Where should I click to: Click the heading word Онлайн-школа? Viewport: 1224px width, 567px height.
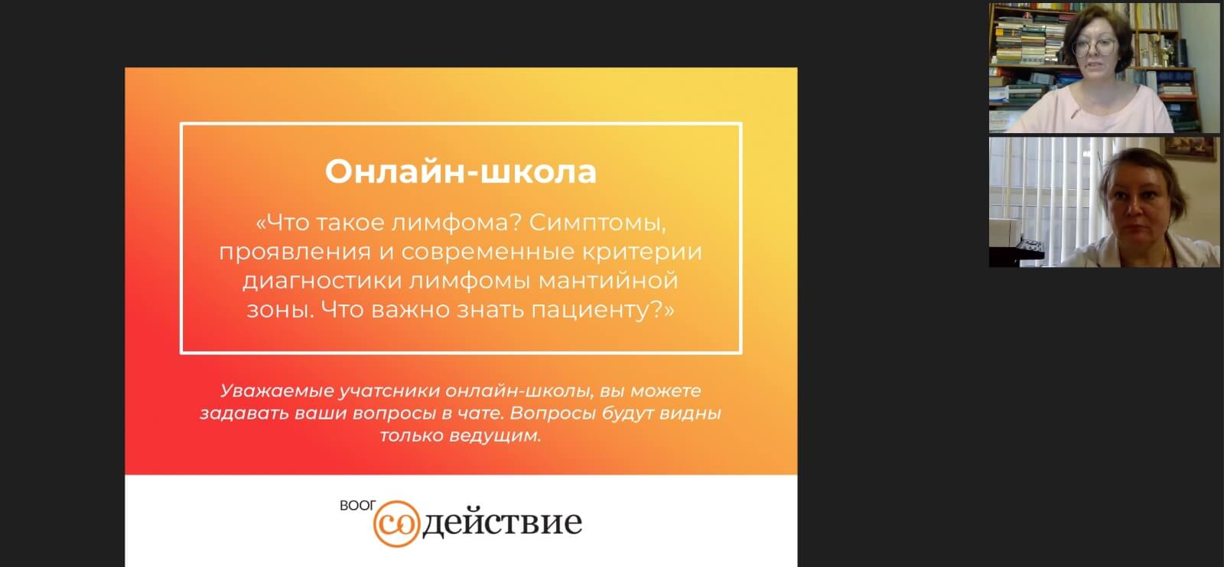point(461,171)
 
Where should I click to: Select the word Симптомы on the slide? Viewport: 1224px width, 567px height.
point(597,223)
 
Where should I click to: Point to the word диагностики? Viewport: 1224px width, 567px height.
point(324,281)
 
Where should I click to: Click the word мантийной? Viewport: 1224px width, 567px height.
point(608,281)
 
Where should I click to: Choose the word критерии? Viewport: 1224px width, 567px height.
point(642,252)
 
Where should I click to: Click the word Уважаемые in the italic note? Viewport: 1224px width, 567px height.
point(276,391)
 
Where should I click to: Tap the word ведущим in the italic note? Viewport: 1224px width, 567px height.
point(494,436)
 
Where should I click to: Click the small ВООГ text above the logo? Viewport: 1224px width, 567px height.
point(358,506)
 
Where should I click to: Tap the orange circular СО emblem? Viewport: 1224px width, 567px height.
point(397,524)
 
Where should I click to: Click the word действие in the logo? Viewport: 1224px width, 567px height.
point(502,522)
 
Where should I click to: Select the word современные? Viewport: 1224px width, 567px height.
point(489,252)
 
